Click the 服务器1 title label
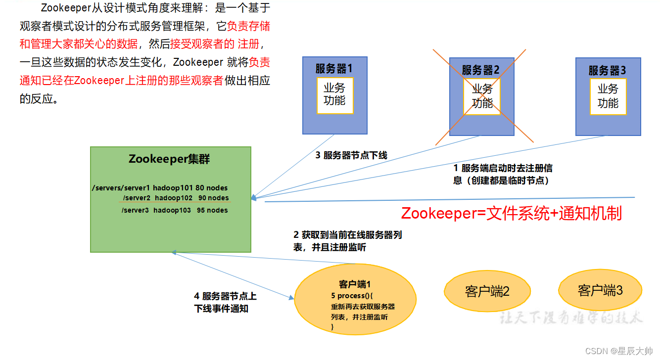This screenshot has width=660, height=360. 334,68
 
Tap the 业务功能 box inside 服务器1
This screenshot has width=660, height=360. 334,94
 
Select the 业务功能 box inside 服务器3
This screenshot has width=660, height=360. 608,96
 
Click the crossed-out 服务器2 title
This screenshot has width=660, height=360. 481,70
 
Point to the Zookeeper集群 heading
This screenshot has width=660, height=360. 169,159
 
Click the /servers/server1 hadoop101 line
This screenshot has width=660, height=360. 159,188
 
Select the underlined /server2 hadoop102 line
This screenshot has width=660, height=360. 175,198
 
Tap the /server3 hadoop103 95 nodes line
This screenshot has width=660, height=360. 175,210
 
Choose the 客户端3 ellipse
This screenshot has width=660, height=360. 600,290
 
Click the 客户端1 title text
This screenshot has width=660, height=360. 355,284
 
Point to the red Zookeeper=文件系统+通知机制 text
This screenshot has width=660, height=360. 511,213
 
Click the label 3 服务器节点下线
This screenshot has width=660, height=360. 351,155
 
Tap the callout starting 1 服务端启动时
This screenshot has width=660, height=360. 502,175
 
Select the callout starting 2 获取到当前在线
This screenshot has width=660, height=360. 347,241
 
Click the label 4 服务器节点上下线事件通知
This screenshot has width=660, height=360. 225,303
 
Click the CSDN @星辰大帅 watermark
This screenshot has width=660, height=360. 619,351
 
